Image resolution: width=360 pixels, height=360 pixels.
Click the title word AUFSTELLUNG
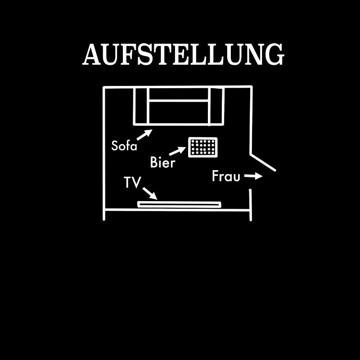(x=183, y=54)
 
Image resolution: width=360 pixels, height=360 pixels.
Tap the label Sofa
(x=124, y=146)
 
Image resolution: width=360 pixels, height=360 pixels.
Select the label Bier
(x=162, y=162)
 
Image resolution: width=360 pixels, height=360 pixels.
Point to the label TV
(x=132, y=182)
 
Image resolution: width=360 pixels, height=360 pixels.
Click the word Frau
(x=226, y=176)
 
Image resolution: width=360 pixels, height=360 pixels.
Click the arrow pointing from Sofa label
(x=144, y=134)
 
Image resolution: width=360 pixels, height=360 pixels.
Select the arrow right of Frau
(x=254, y=176)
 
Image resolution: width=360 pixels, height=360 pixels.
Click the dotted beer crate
(x=202, y=147)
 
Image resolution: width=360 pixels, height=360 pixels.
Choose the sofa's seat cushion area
(x=179, y=112)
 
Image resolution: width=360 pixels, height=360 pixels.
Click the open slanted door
(x=263, y=162)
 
